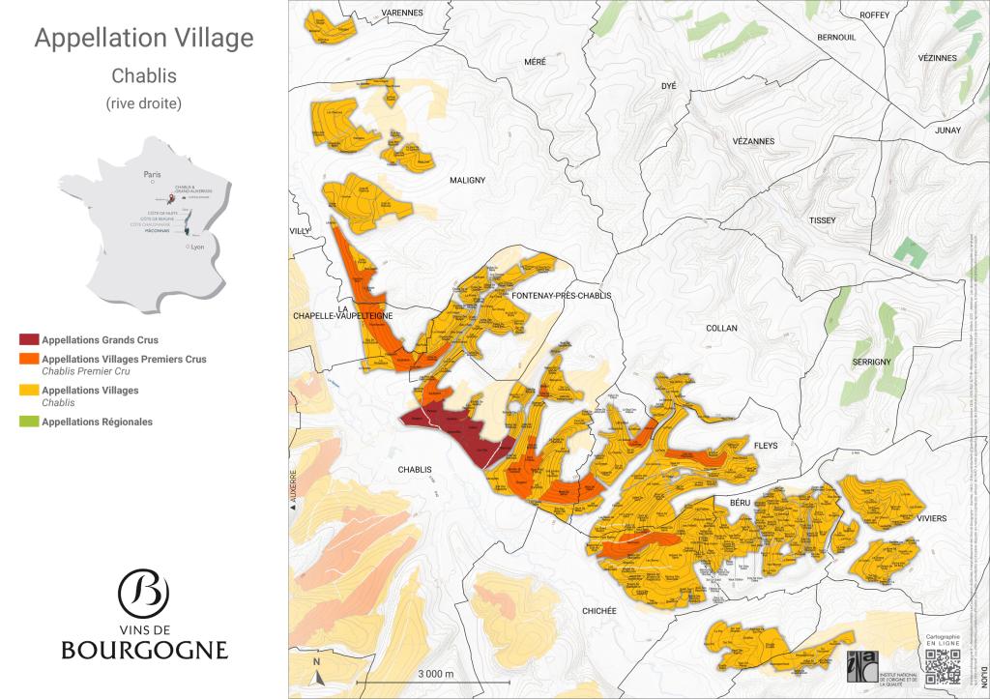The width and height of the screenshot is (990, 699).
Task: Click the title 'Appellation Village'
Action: [144, 39]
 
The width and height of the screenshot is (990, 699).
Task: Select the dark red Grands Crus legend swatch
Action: [29, 340]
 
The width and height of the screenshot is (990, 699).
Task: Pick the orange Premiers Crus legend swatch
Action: [29, 359]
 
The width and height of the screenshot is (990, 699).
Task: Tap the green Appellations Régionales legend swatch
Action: [29, 422]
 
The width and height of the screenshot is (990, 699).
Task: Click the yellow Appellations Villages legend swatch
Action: [29, 391]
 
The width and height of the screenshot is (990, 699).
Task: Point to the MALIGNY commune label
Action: [467, 180]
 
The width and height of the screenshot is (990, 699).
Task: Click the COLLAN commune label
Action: [721, 328]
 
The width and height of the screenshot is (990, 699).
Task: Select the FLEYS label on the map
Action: [764, 446]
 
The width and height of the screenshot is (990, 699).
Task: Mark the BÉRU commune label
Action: [741, 504]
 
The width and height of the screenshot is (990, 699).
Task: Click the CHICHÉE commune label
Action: [606, 610]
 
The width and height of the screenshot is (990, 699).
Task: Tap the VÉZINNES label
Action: [938, 58]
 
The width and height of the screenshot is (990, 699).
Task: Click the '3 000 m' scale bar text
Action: [435, 673]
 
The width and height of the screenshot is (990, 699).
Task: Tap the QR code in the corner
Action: [944, 666]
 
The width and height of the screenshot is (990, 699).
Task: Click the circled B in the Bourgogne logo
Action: [143, 591]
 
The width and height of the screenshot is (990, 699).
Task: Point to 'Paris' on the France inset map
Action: [150, 175]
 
